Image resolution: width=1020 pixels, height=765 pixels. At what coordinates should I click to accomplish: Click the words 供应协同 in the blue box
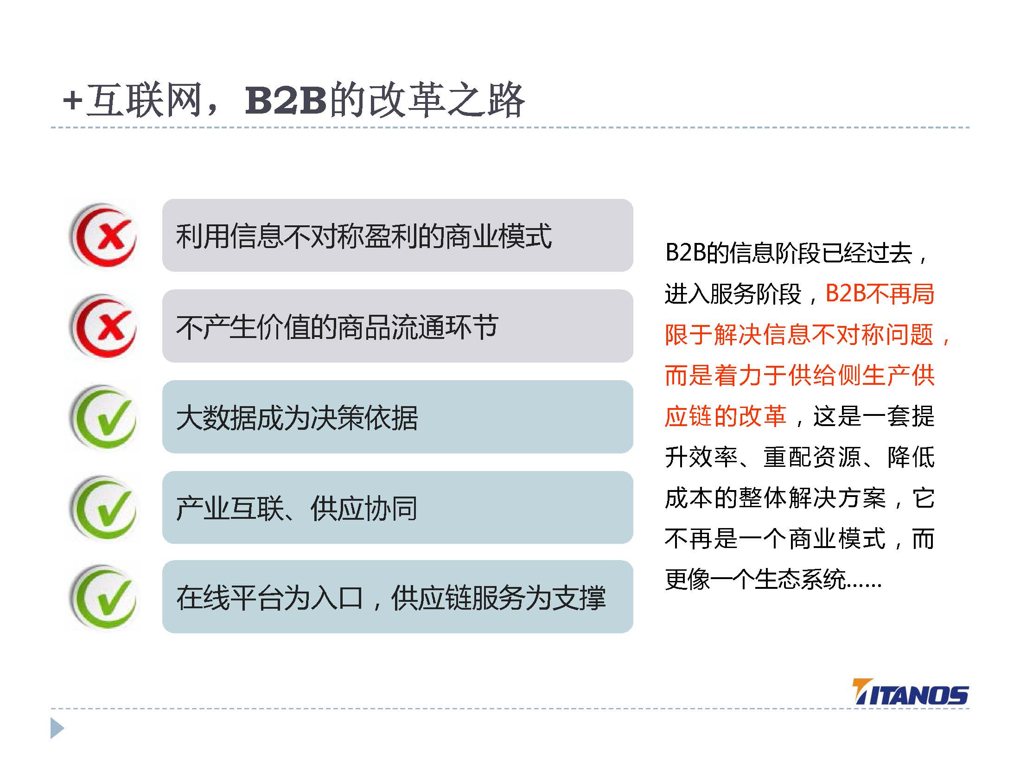(364, 508)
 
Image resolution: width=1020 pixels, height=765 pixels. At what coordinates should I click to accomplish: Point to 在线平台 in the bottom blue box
(229, 598)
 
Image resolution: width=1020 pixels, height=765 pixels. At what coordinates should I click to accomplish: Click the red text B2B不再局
(880, 293)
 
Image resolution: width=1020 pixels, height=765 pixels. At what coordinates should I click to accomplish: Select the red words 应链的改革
(726, 416)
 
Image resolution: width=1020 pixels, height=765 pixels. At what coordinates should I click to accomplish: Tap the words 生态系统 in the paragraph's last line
(800, 579)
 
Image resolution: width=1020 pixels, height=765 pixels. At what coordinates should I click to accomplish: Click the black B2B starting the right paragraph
(685, 253)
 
